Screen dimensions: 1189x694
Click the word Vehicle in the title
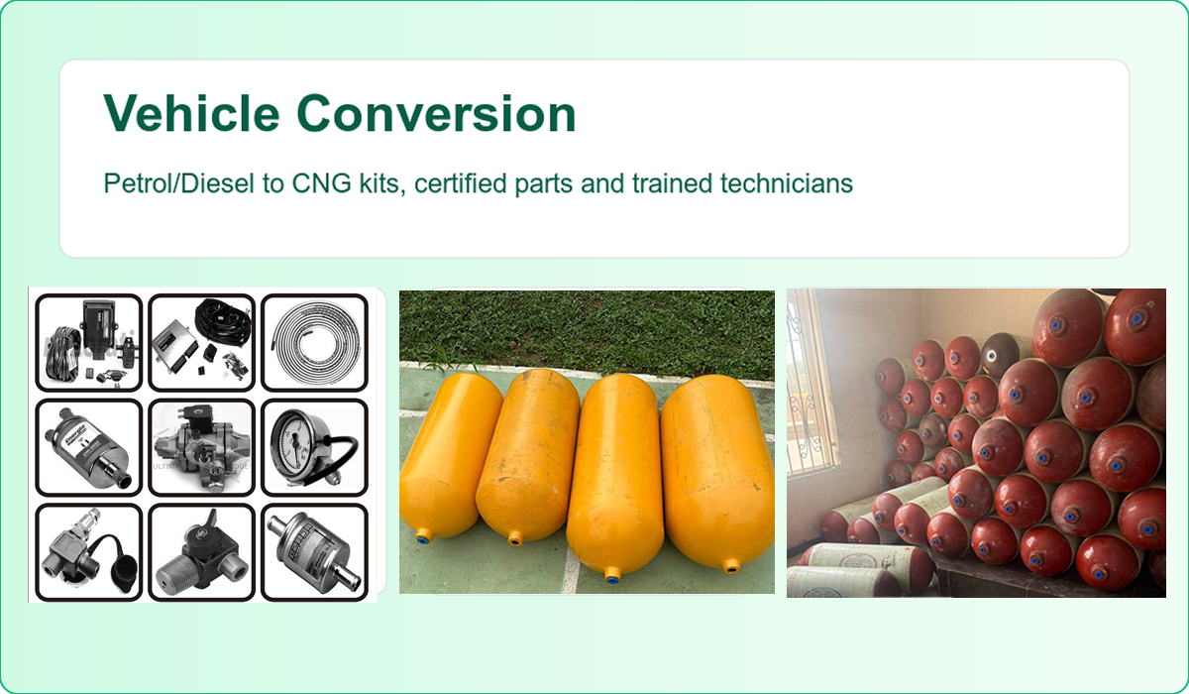[191, 113]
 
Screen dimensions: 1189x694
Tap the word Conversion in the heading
[436, 113]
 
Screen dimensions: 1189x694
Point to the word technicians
[786, 183]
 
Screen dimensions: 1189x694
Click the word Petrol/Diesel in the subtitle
[179, 183]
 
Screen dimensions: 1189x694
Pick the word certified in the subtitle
[460, 183]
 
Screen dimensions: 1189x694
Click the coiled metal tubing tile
[315, 342]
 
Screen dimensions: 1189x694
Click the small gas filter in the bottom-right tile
[314, 552]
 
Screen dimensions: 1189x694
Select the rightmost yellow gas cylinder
[716, 473]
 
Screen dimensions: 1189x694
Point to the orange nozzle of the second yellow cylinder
[515, 539]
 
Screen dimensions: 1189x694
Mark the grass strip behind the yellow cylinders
[587, 332]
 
